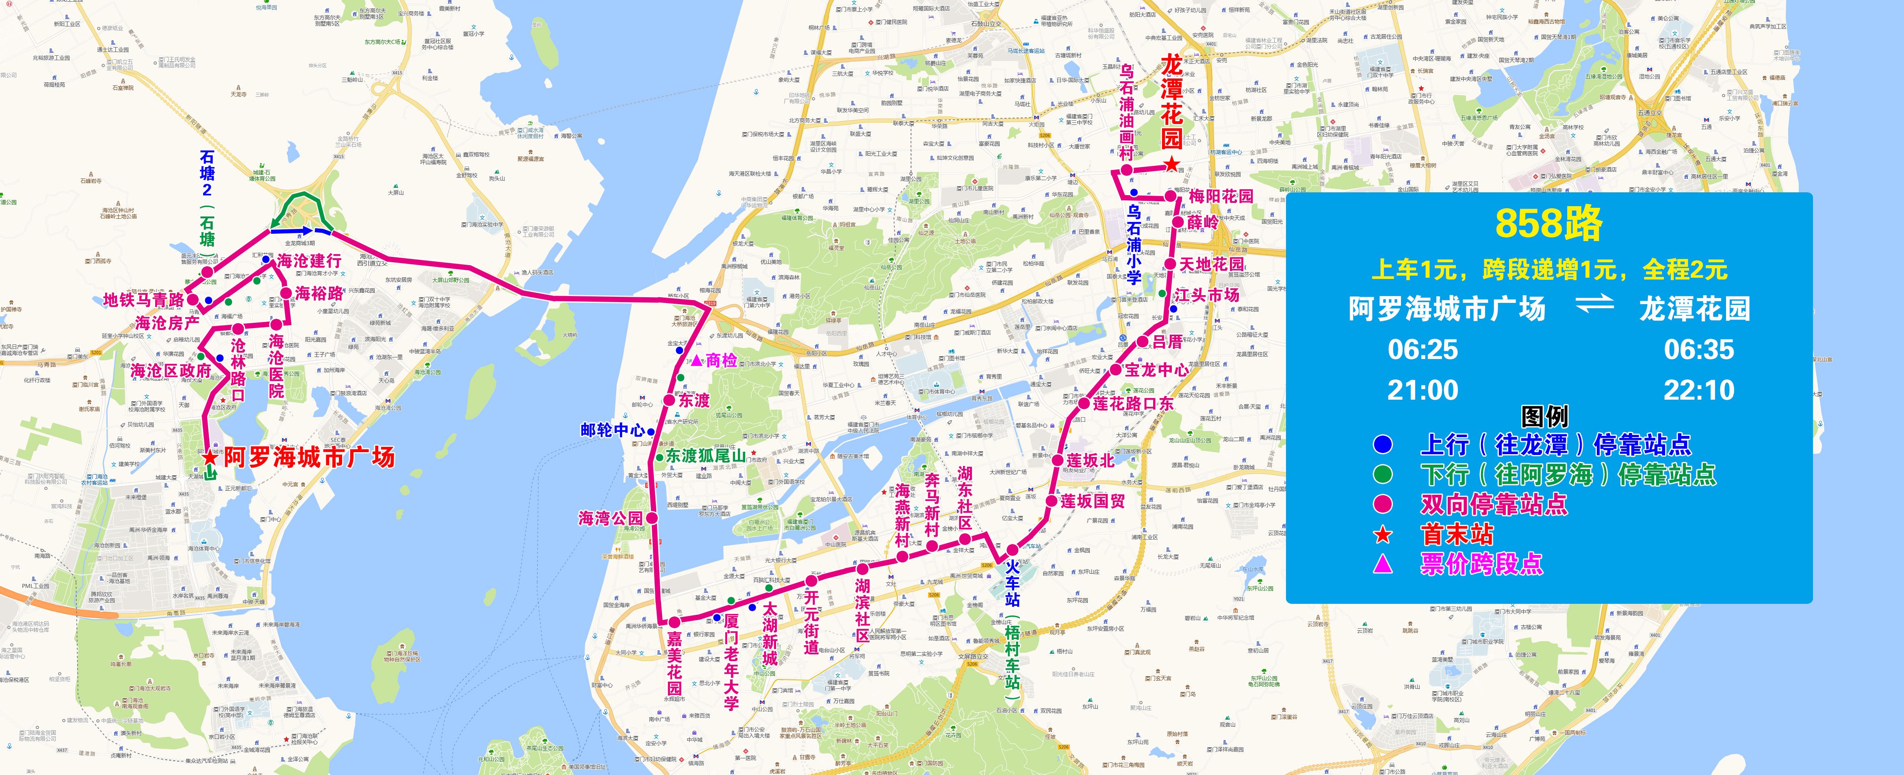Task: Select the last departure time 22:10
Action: (x=1698, y=390)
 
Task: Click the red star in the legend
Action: (x=1382, y=534)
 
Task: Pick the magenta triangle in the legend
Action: (x=1382, y=564)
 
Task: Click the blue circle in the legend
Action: (x=1382, y=444)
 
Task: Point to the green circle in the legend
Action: (x=1382, y=474)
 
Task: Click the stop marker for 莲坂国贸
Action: (x=1051, y=501)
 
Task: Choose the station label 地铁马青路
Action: (x=143, y=300)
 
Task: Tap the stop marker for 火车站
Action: (x=1012, y=550)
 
